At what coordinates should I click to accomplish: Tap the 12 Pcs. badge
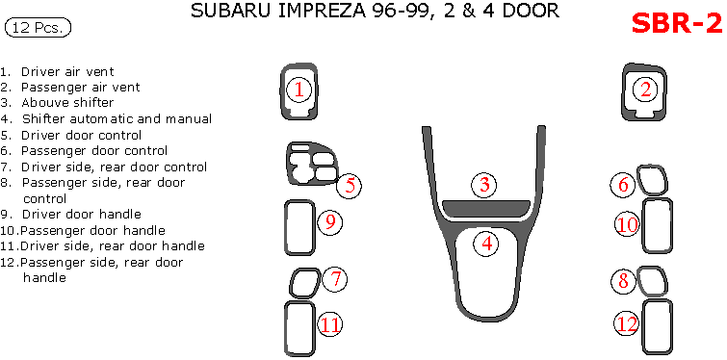pyautogui.click(x=38, y=28)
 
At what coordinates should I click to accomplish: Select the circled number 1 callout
pyautogui.click(x=299, y=90)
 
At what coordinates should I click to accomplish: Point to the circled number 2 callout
pyautogui.click(x=646, y=89)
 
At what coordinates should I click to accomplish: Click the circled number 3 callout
pyautogui.click(x=484, y=185)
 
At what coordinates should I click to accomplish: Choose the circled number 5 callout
pyautogui.click(x=350, y=186)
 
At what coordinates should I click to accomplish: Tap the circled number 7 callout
pyautogui.click(x=335, y=279)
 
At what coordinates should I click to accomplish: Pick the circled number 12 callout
pyautogui.click(x=628, y=323)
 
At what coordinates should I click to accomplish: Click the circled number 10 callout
pyautogui.click(x=627, y=225)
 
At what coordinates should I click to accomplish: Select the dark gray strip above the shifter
pyautogui.click(x=486, y=209)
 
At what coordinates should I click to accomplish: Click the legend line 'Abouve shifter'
pyautogui.click(x=57, y=102)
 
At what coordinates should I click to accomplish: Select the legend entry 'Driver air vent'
pyautogui.click(x=57, y=72)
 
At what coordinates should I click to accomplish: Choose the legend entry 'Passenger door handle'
pyautogui.click(x=83, y=230)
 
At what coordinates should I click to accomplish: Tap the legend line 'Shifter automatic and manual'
pyautogui.click(x=106, y=118)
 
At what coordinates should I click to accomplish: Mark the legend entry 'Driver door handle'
pyautogui.click(x=70, y=214)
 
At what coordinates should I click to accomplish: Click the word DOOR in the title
pyautogui.click(x=532, y=11)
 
